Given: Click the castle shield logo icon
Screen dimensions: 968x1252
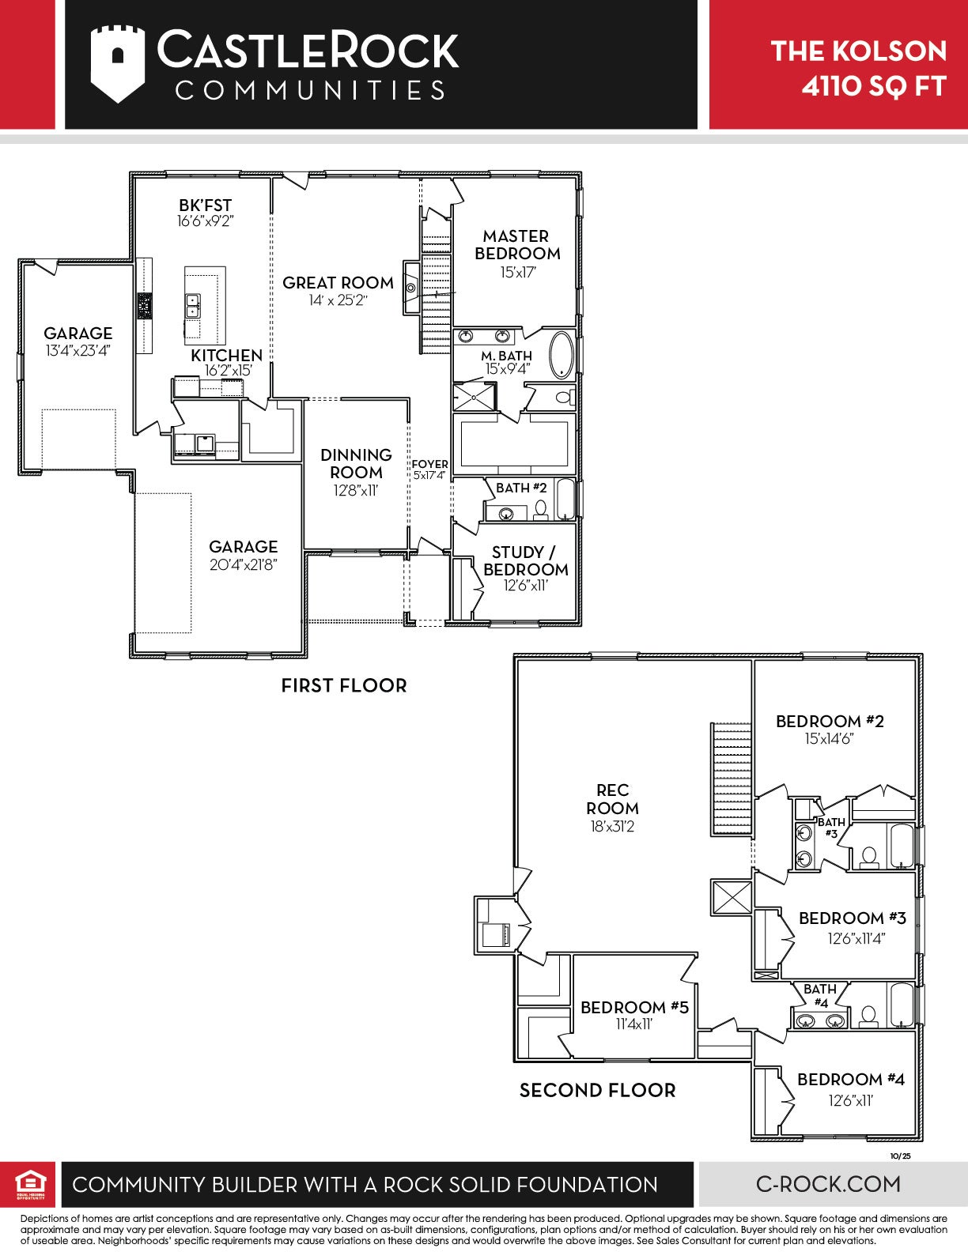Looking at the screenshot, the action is coord(117,64).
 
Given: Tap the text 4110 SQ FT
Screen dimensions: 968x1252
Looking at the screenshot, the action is coord(874,86).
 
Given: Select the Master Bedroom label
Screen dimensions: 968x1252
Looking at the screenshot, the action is coord(517,245).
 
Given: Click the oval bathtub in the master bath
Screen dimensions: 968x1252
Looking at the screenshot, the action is coord(562,355).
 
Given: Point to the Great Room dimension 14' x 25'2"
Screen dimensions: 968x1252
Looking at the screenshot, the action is coord(338,300).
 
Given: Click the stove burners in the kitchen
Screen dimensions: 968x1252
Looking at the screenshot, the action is coord(144,306).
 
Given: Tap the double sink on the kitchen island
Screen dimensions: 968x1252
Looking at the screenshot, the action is coord(192,305).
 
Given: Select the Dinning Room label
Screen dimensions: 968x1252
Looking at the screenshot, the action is coord(357,464).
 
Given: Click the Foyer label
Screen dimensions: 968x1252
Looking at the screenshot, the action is coord(430,464).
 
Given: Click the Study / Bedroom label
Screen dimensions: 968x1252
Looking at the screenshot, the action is coord(525,560).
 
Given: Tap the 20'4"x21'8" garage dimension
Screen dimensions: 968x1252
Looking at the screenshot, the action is coord(244,564).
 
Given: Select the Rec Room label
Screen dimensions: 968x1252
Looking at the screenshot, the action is coord(612,798).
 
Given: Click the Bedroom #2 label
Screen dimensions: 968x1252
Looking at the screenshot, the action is coord(830,722).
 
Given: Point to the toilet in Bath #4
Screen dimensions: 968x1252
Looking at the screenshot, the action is coord(868,1016).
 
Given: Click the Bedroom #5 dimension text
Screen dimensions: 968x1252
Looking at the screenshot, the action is coord(633,1024).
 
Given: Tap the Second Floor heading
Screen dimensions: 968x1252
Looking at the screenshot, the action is coord(597,1090).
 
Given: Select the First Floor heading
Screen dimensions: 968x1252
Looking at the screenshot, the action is coord(344,685).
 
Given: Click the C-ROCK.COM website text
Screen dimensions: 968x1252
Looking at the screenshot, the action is coord(829,1184).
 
